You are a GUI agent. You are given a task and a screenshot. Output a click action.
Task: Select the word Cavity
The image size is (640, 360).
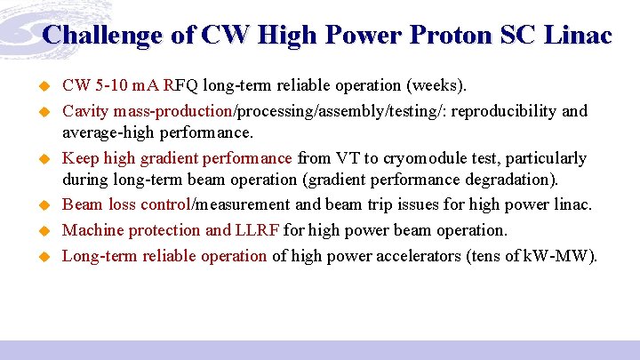click(x=85, y=112)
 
